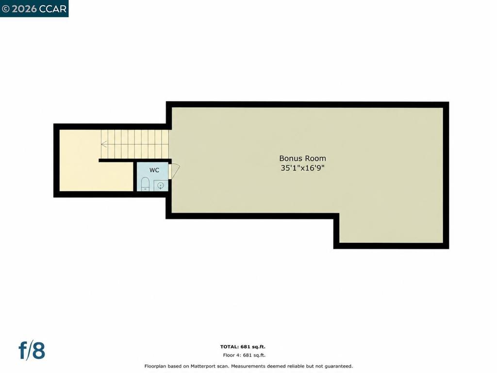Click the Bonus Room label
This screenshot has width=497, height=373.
coord(302,158)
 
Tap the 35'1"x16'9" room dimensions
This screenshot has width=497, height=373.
coord(302,168)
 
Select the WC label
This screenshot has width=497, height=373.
coord(154,170)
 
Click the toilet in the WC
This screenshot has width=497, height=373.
coord(145,184)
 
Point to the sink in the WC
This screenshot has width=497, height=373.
coord(161,186)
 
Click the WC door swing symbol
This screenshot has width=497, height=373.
coord(174,170)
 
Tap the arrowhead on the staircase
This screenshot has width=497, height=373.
coord(104,144)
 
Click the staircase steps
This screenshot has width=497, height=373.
coord(135,144)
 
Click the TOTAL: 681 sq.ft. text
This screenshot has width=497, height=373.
coord(243,347)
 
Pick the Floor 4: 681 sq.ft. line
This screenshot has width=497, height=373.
coord(244,355)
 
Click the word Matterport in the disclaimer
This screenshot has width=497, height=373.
coord(203,366)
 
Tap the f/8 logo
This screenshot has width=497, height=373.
coord(32,351)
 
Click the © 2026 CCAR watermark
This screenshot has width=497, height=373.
coord(34,9)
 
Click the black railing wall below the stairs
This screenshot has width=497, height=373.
coord(135,160)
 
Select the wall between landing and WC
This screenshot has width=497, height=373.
coord(135,177)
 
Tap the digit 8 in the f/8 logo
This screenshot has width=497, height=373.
coord(39,351)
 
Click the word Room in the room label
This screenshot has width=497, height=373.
coord(314,158)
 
